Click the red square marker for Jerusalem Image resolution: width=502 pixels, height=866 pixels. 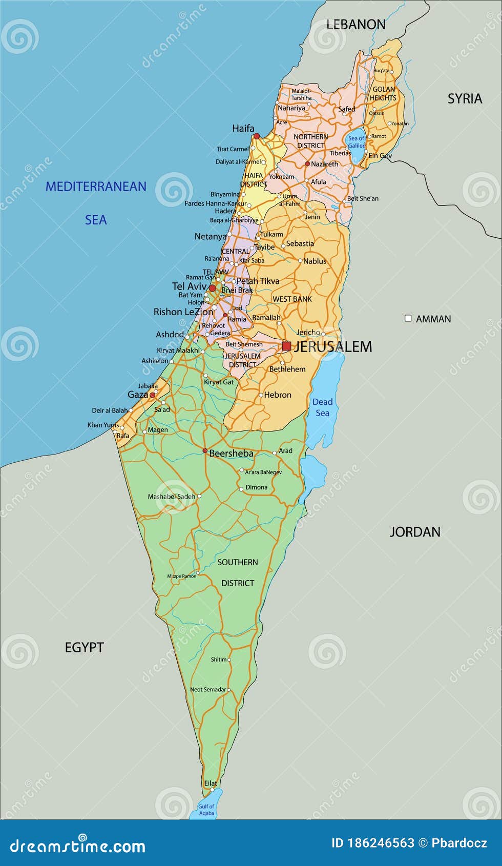click(286, 346)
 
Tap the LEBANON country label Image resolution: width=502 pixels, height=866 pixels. click(355, 24)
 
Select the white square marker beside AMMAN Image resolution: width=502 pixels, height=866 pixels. click(408, 318)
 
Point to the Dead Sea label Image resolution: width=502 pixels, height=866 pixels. click(322, 407)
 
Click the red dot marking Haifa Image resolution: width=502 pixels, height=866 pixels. click(257, 136)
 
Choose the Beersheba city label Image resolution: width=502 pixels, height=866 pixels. click(231, 453)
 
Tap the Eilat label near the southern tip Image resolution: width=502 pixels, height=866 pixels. click(211, 783)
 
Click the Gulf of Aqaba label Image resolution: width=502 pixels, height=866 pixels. click(206, 810)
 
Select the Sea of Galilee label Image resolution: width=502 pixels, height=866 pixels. click(356, 142)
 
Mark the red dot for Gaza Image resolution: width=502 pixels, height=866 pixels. click(152, 395)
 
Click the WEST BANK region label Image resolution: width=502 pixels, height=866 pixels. click(292, 299)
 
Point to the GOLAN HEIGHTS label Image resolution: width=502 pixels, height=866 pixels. click(383, 93)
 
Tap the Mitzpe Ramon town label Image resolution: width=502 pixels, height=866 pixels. click(181, 576)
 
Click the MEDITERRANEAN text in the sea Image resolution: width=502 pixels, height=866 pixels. click(96, 187)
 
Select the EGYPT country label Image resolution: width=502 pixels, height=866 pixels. click(84, 647)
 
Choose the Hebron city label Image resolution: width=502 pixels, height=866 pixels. click(278, 395)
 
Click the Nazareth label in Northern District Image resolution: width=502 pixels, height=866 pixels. click(324, 164)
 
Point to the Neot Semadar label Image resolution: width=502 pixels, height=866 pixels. click(207, 690)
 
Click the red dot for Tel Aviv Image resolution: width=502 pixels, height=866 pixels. click(212, 288)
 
